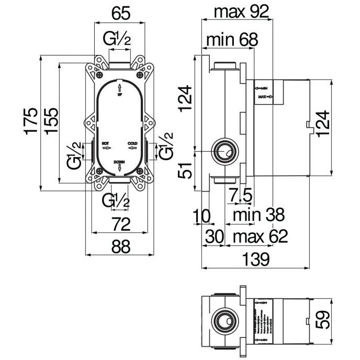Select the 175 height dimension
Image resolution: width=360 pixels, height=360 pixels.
pyautogui.click(x=32, y=121)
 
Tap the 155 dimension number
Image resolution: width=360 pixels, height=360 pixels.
pyautogui.click(x=50, y=121)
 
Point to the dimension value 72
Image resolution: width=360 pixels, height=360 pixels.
pyautogui.click(x=121, y=224)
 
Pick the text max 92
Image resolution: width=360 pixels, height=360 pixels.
pyautogui.click(x=237, y=12)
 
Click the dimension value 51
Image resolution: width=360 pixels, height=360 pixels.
pyautogui.click(x=183, y=170)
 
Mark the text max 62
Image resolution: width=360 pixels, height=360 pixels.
pyautogui.click(x=260, y=237)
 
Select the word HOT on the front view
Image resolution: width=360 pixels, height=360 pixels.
pyautogui.click(x=105, y=142)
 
